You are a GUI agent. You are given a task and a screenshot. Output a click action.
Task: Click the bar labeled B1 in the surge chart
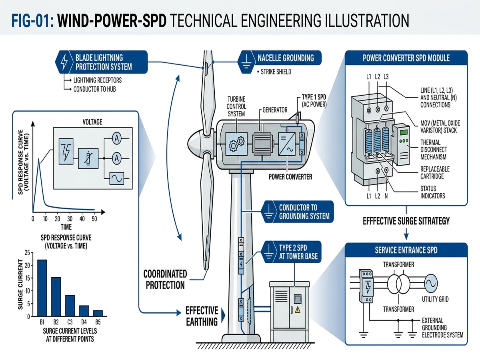[42, 288]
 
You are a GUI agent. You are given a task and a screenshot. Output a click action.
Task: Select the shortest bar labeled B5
[98, 313]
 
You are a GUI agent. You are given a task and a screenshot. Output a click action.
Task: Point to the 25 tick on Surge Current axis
[27, 252]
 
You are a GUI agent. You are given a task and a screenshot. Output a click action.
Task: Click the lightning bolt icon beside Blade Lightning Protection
[64, 62]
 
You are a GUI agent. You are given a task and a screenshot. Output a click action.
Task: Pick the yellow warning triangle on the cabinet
[297, 309]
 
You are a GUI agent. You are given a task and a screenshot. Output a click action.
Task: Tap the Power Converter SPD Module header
[406, 58]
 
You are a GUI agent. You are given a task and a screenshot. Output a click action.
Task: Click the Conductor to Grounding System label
[304, 212]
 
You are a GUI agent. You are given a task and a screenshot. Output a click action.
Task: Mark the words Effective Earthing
[202, 316]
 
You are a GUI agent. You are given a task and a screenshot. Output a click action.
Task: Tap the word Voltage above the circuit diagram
[92, 122]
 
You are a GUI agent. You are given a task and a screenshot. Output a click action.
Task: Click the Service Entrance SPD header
[406, 250]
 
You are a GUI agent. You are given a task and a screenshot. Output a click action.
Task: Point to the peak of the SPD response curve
[39, 159]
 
